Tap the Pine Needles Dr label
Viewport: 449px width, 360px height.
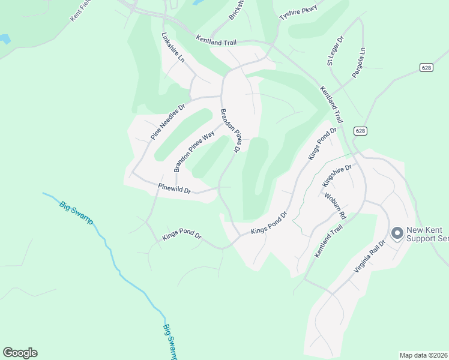pos(167,122)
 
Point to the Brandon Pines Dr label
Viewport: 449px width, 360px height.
pos(231,131)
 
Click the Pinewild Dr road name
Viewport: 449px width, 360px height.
pos(175,188)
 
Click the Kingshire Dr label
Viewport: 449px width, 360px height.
pos(336,176)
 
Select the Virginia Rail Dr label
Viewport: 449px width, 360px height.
pos(369,257)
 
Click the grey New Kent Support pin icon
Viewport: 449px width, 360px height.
pos(397,233)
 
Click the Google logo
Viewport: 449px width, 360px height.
pos(20,353)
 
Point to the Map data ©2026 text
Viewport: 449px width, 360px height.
pos(423,355)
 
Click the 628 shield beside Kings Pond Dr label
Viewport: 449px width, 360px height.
pos(360,131)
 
